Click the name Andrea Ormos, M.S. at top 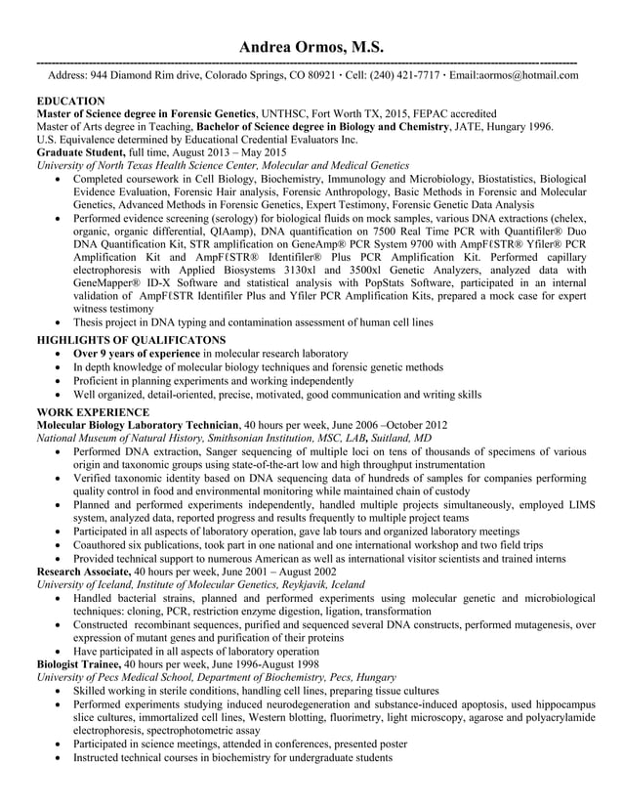point(311,48)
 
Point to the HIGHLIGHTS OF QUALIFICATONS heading point(131,339)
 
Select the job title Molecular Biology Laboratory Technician point(138,426)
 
